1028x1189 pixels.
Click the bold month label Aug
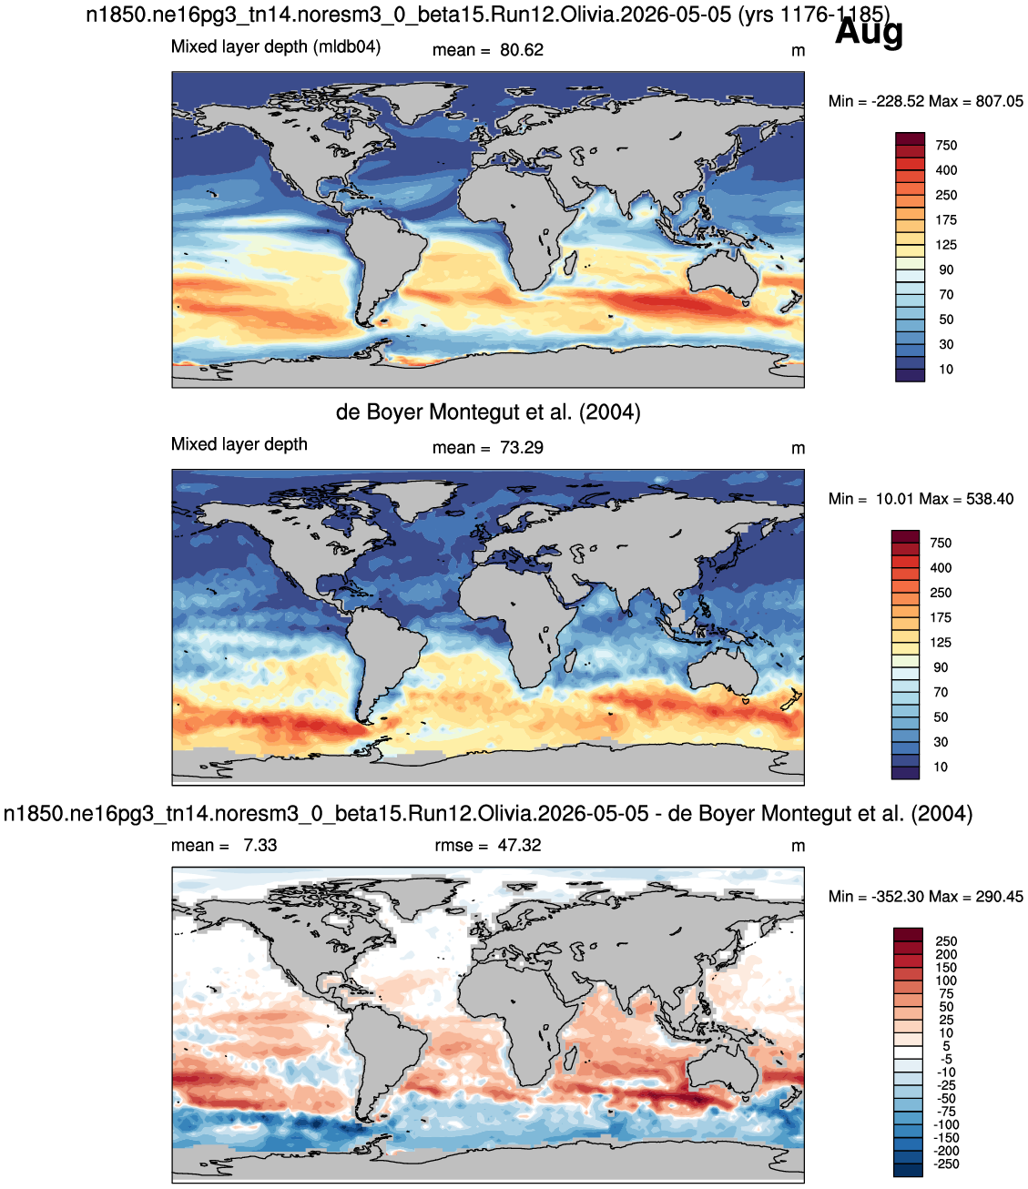869,33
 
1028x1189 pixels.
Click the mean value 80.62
521,50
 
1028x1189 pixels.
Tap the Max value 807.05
999,101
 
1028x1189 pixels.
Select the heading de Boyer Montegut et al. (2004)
488,412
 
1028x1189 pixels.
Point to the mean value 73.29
521,448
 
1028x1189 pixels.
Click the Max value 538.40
990,499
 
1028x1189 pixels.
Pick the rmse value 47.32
520,845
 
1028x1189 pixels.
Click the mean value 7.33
260,845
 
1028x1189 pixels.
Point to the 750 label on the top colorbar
946,146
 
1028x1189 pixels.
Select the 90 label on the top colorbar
946,269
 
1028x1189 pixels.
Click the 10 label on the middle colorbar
941,767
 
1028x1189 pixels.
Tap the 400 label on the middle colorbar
941,568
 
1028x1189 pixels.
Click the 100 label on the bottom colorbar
946,981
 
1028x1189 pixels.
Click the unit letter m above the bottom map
798,846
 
